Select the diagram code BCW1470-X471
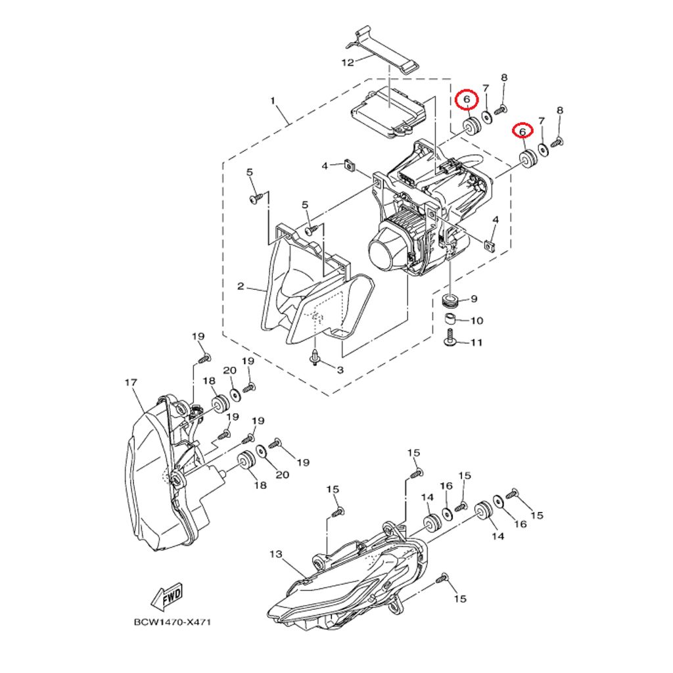click(173, 622)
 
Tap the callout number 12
click(347, 62)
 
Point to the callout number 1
click(273, 101)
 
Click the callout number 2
click(241, 286)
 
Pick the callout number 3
click(340, 369)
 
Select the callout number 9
click(474, 299)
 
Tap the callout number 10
click(477, 321)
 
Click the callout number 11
click(476, 342)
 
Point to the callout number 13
click(276, 555)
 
